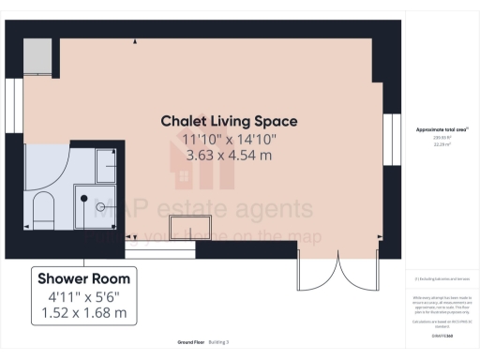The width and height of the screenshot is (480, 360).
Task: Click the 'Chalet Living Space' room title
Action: pyautogui.click(x=230, y=121)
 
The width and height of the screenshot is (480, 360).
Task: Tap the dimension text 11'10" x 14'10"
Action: pyautogui.click(x=230, y=139)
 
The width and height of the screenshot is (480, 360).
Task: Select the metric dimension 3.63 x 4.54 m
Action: pyautogui.click(x=230, y=155)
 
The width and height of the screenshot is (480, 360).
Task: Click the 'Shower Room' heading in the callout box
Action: pyautogui.click(x=84, y=278)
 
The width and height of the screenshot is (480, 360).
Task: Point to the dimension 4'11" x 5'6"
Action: pyautogui.click(x=84, y=297)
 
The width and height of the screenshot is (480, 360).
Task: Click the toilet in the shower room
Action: pyautogui.click(x=43, y=210)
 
